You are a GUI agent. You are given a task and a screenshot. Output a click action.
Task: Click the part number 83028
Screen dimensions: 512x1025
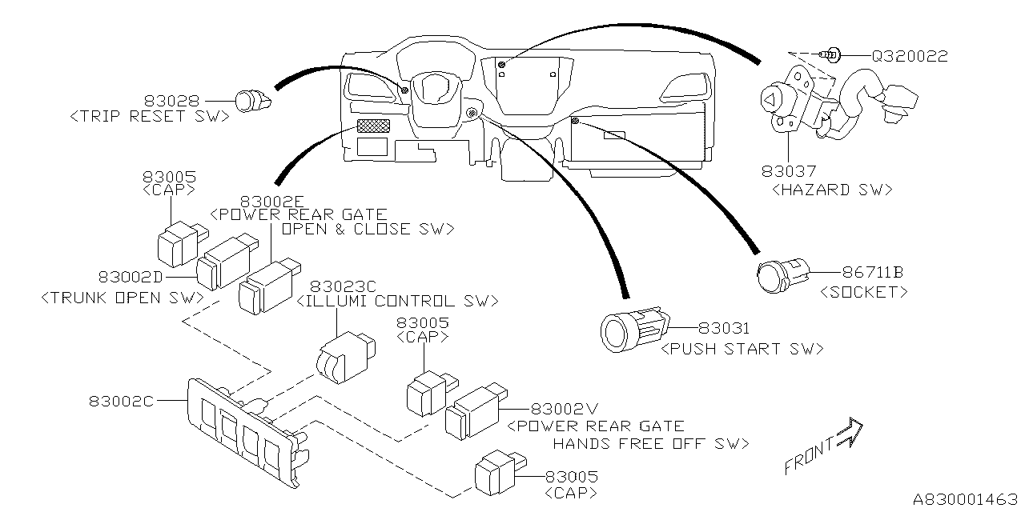[x=171, y=102]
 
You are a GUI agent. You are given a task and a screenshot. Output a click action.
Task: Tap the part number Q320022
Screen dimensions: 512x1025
[x=909, y=57]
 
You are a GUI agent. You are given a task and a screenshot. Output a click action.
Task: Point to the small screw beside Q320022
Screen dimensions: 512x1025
[x=833, y=56]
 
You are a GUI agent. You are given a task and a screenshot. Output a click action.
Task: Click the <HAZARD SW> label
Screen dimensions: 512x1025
[x=832, y=190]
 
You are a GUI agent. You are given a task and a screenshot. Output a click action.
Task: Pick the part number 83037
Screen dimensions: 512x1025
[x=789, y=170]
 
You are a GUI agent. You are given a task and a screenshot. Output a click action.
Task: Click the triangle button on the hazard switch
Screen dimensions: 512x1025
[x=769, y=101]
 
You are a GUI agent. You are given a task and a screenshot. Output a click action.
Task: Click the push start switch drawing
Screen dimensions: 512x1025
[x=633, y=329]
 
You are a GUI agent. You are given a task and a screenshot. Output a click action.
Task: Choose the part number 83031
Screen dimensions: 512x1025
[x=724, y=329]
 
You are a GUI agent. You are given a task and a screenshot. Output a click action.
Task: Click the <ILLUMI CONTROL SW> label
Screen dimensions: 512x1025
[x=397, y=302]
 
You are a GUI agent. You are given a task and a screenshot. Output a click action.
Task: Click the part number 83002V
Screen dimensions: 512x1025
[x=565, y=407]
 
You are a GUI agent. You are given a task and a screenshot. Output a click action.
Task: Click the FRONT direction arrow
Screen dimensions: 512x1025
[x=847, y=435]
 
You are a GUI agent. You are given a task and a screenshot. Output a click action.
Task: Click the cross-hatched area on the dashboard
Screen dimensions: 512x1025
[x=372, y=126]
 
